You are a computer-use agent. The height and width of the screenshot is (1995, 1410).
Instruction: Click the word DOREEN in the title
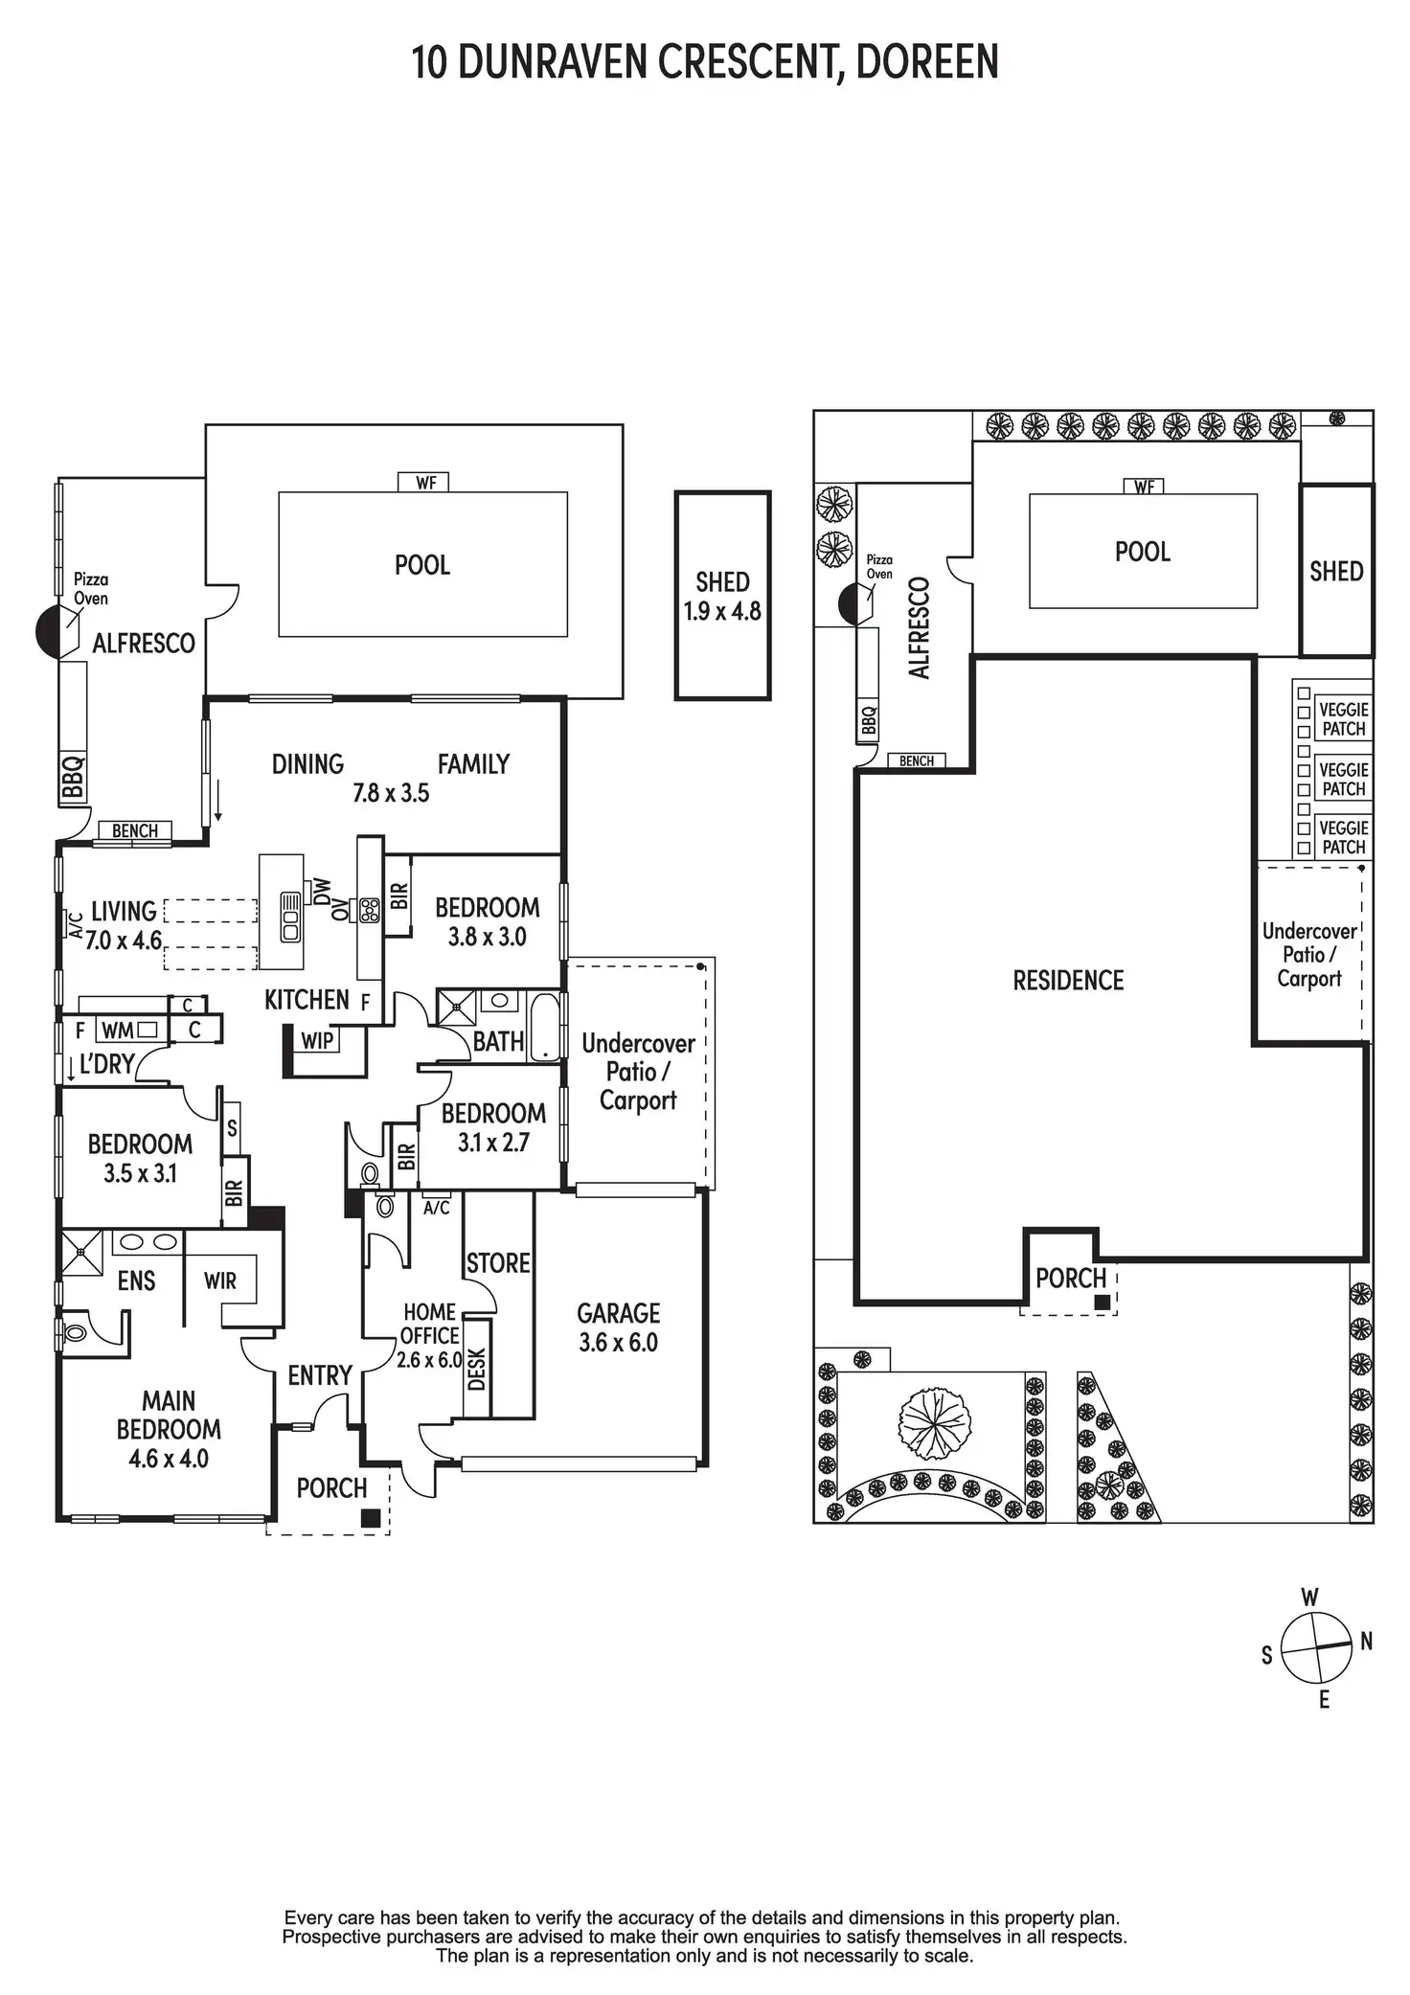coord(926,62)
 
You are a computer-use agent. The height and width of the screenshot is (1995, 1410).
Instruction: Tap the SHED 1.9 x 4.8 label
coord(722,596)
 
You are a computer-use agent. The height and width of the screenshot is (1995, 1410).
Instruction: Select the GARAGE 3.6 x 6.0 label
coord(618,1326)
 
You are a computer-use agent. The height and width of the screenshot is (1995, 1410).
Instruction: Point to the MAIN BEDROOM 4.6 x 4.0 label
coord(169,1429)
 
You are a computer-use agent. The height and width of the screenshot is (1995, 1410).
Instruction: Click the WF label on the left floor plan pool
coord(426,483)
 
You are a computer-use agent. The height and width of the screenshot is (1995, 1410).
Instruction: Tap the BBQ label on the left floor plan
coord(73,777)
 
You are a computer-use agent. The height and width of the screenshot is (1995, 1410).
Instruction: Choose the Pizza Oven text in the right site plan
coord(879,566)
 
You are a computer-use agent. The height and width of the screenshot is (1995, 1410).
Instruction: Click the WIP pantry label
coord(317,1040)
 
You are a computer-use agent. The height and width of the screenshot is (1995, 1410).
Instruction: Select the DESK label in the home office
coord(477,1369)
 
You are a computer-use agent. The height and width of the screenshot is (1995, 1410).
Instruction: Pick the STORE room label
coord(498,1263)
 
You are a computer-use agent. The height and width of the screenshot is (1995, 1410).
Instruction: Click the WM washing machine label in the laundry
coord(118,1031)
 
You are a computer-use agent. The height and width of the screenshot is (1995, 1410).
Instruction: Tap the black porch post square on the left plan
coord(371,1518)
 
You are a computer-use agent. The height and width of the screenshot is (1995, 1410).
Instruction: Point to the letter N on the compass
coord(1366,1641)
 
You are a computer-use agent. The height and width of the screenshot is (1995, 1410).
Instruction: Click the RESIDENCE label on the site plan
coord(1068,980)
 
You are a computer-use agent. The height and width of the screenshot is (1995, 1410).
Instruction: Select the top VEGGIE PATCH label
coord(1343,718)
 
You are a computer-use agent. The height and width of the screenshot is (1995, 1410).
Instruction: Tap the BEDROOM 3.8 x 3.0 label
coord(487,921)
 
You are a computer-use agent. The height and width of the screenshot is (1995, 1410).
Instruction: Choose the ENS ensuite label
coord(136,1281)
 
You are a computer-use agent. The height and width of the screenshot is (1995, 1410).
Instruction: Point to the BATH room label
coord(498,1041)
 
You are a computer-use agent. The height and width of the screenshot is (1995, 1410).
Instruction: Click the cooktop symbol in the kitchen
coord(369,909)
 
